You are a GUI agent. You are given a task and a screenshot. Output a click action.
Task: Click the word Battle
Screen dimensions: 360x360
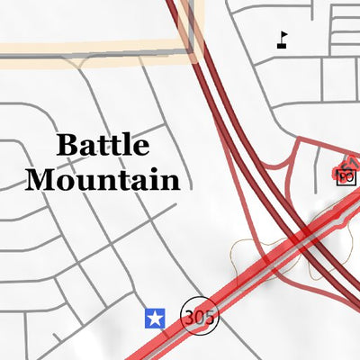pyautogui.click(x=103, y=145)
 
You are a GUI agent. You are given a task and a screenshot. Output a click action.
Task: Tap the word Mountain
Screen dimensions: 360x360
pyautogui.click(x=103, y=179)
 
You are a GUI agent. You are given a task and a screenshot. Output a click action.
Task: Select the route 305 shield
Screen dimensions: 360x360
pyautogui.click(x=199, y=317)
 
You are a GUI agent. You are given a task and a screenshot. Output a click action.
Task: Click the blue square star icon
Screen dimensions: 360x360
pyautogui.click(x=156, y=318)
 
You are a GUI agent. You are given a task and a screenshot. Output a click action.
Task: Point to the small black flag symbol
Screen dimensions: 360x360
pyautogui.click(x=283, y=40)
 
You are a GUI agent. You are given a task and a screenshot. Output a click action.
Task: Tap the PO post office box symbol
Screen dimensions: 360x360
pyautogui.click(x=346, y=177)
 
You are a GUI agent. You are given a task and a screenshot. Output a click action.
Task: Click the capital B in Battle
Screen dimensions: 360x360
pyautogui.click(x=66, y=145)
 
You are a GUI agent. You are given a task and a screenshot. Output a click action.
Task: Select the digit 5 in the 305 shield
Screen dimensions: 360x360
pyautogui.click(x=208, y=317)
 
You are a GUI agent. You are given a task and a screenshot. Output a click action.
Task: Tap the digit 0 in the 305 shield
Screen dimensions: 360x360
pyautogui.click(x=199, y=317)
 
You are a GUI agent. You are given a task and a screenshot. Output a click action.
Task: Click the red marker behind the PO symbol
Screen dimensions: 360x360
pyautogui.click(x=343, y=167)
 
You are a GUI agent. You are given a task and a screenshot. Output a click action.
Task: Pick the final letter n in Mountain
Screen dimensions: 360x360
pyautogui.click(x=170, y=179)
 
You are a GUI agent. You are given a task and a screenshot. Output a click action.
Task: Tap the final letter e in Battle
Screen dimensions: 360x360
pyautogui.click(x=141, y=147)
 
